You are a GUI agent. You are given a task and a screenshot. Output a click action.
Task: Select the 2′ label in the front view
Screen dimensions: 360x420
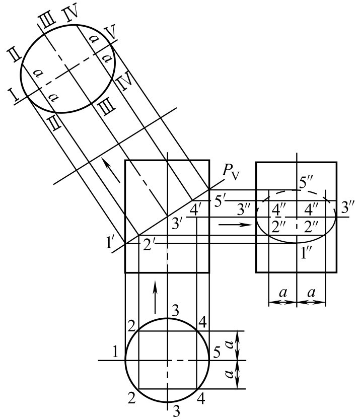tap(148, 245)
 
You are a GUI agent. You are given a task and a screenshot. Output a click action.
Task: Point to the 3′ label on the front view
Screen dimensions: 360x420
tap(177, 223)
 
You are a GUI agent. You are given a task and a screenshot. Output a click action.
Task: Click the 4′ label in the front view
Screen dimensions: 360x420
tap(195, 209)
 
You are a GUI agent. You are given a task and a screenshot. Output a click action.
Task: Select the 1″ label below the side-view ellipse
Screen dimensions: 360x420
tap(305, 253)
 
